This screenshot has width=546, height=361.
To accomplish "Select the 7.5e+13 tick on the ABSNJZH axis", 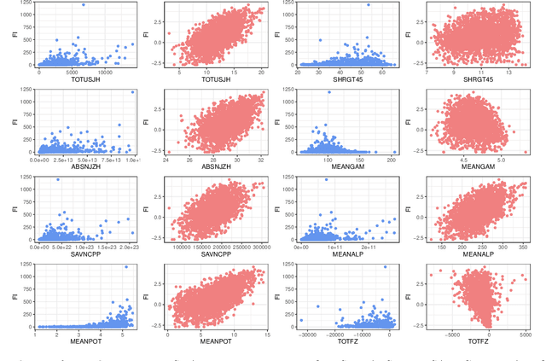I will tap(107, 158).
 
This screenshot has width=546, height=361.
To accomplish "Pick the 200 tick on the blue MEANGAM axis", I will tap(392, 158).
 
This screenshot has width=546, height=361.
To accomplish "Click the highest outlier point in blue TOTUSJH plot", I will tap(83, 5).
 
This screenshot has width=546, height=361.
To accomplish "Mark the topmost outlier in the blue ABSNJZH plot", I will tap(132, 92).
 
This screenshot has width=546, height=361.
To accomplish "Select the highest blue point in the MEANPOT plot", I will tap(125, 267).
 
